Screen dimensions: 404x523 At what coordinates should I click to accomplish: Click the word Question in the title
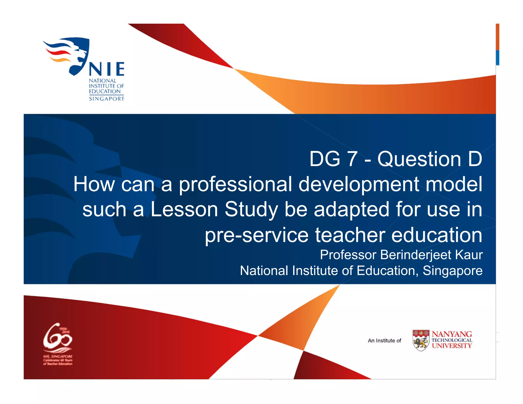point(419,159)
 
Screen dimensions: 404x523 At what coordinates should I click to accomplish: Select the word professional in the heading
point(235,185)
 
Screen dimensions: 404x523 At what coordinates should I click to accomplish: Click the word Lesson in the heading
point(184,209)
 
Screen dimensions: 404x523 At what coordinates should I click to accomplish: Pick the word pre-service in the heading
point(257,235)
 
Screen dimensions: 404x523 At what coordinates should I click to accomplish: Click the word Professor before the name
point(348,255)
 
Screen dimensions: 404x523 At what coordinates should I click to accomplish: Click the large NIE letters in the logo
point(106,69)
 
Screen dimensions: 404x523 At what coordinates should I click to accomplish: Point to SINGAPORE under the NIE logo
point(106,99)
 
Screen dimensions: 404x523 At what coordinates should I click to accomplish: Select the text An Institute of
point(384,341)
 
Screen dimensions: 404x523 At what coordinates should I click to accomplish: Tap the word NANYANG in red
point(452,334)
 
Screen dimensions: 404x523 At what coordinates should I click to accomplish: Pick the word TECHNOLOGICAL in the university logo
point(452,340)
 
